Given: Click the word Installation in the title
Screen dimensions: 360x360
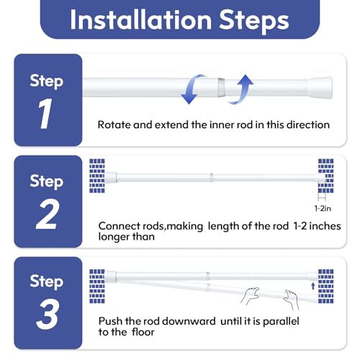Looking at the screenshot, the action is coord(140,19).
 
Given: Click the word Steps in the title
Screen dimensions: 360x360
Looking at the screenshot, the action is coord(254,21).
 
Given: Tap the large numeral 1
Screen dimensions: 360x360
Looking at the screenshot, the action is coord(45,113).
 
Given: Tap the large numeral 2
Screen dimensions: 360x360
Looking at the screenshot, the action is coord(47,214).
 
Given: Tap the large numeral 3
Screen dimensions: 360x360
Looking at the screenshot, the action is coord(47,314).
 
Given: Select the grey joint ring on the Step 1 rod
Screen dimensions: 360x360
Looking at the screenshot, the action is coord(221,87).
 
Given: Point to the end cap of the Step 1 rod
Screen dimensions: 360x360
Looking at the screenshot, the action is coord(321,88).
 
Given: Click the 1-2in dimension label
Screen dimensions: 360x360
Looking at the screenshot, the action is coord(323,208).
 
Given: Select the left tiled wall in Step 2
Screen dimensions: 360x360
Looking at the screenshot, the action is coord(97,176).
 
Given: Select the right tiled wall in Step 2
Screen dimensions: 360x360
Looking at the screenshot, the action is coord(326,176).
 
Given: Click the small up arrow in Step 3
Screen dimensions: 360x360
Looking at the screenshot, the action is coord(312,286).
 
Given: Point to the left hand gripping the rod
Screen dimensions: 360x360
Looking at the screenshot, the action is coord(251,295).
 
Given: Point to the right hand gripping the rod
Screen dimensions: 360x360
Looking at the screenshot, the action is coord(292,300).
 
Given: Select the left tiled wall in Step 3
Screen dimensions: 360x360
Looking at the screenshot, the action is coord(97,287).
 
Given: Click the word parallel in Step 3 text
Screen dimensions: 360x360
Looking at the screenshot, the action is coord(281,322).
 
